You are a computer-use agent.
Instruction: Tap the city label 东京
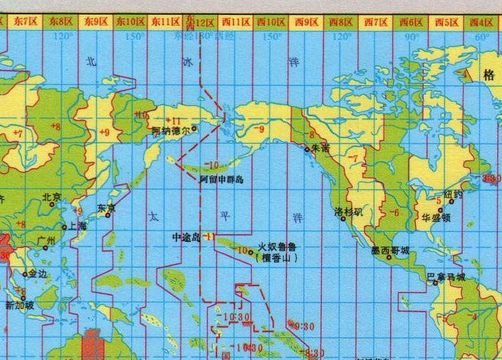point(106,207)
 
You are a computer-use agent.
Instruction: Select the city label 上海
point(78,226)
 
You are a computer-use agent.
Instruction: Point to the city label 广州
point(47,241)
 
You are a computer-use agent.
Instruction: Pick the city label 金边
point(37,273)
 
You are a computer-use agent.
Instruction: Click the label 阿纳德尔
point(170,130)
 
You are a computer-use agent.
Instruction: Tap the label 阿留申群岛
point(221,180)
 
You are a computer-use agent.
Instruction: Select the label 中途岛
point(187,237)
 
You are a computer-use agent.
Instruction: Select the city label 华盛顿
point(437,217)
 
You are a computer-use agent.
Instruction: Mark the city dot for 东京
point(107,214)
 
